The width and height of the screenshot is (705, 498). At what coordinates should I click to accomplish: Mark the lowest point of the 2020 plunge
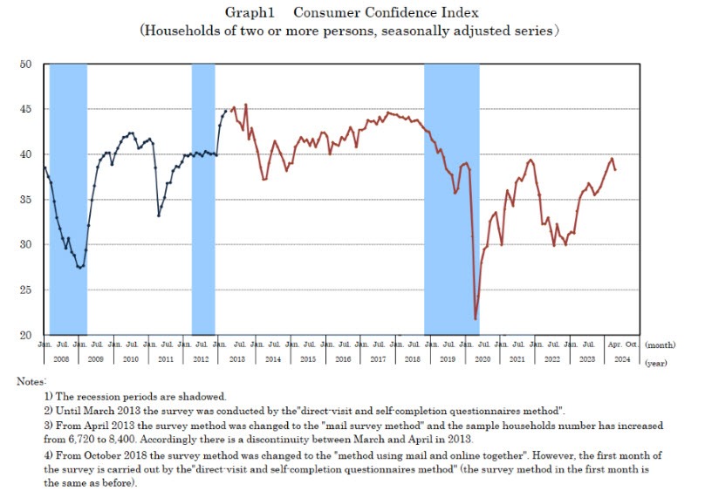point(476,318)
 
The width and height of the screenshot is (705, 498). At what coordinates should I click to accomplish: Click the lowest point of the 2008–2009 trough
point(80,267)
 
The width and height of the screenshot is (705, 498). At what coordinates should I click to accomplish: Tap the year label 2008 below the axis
point(61,358)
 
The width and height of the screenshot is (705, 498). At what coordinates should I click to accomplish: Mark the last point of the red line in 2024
point(615,169)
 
